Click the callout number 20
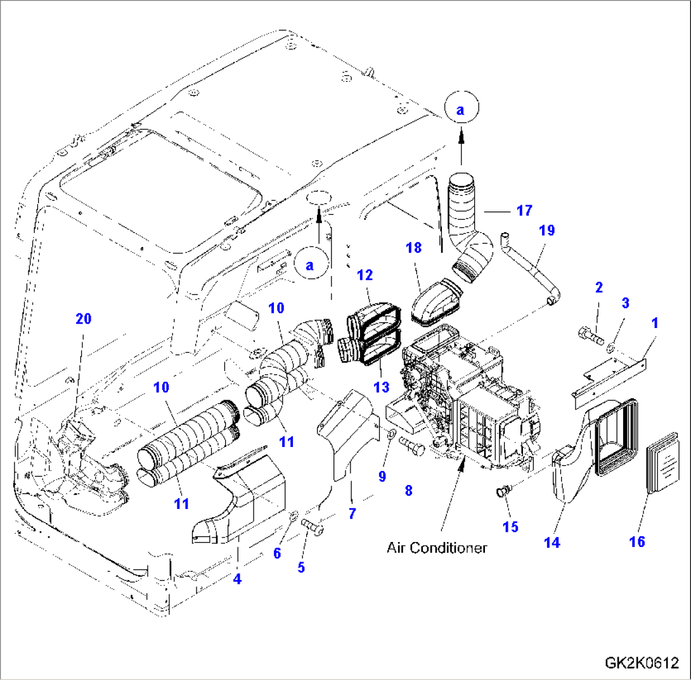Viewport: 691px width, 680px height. pos(84,319)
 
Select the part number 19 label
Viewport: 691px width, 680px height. pos(546,230)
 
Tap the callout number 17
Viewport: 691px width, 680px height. pos(524,210)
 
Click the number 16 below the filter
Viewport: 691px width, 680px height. pos(636,541)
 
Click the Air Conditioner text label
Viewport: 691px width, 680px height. pos(437,548)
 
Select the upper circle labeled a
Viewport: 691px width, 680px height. pos(461,110)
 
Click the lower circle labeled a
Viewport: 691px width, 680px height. pos(309,265)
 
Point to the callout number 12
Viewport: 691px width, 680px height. pos(365,275)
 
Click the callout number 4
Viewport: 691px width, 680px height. pos(237,577)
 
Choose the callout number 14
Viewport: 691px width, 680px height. pos(552,543)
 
